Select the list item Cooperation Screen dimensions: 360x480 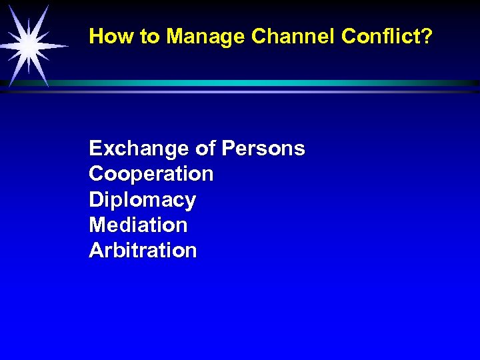coord(151,174)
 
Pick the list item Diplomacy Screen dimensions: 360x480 coord(143,200)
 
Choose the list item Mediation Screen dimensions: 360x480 coord(138,225)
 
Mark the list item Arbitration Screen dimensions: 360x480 coord(143,250)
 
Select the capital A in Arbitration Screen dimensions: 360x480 coord(96,250)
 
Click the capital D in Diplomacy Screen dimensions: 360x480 coord(96,199)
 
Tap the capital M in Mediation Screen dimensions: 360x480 coord(97,225)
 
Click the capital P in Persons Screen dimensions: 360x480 coord(230,148)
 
